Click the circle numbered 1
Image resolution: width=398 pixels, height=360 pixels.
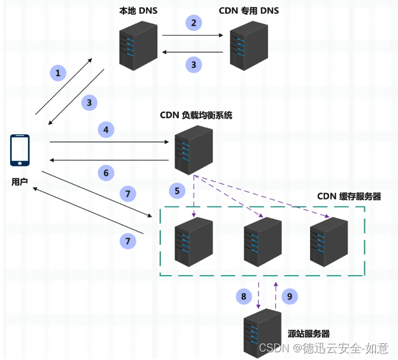coord(58,74)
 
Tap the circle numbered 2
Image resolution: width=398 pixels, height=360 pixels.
coord(193,23)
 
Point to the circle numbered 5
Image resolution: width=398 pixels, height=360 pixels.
coord(176,191)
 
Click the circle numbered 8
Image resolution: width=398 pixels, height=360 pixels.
coord(242,295)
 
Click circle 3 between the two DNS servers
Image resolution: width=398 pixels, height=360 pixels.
coord(193,64)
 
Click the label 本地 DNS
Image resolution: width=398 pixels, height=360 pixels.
coord(137,11)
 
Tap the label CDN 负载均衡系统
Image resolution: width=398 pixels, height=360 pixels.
coord(195,115)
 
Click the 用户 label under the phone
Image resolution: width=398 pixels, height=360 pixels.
coord(20,182)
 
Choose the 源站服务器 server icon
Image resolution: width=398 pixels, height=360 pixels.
coord(262,333)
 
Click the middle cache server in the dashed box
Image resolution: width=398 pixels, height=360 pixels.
coord(262,242)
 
